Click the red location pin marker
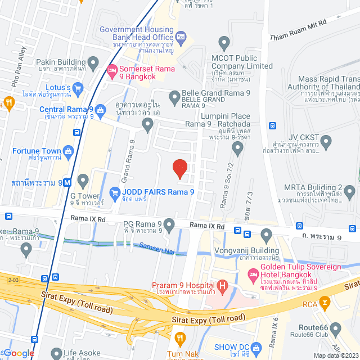(x=179, y=168)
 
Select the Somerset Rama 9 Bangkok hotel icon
(x=111, y=71)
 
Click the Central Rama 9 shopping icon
(x=100, y=109)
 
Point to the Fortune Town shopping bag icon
(x=68, y=151)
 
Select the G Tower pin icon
(x=83, y=181)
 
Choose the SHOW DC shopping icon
(x=257, y=346)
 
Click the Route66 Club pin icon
(x=336, y=328)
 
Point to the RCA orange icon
(x=325, y=304)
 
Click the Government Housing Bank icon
(x=181, y=37)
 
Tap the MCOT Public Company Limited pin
(x=224, y=42)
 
